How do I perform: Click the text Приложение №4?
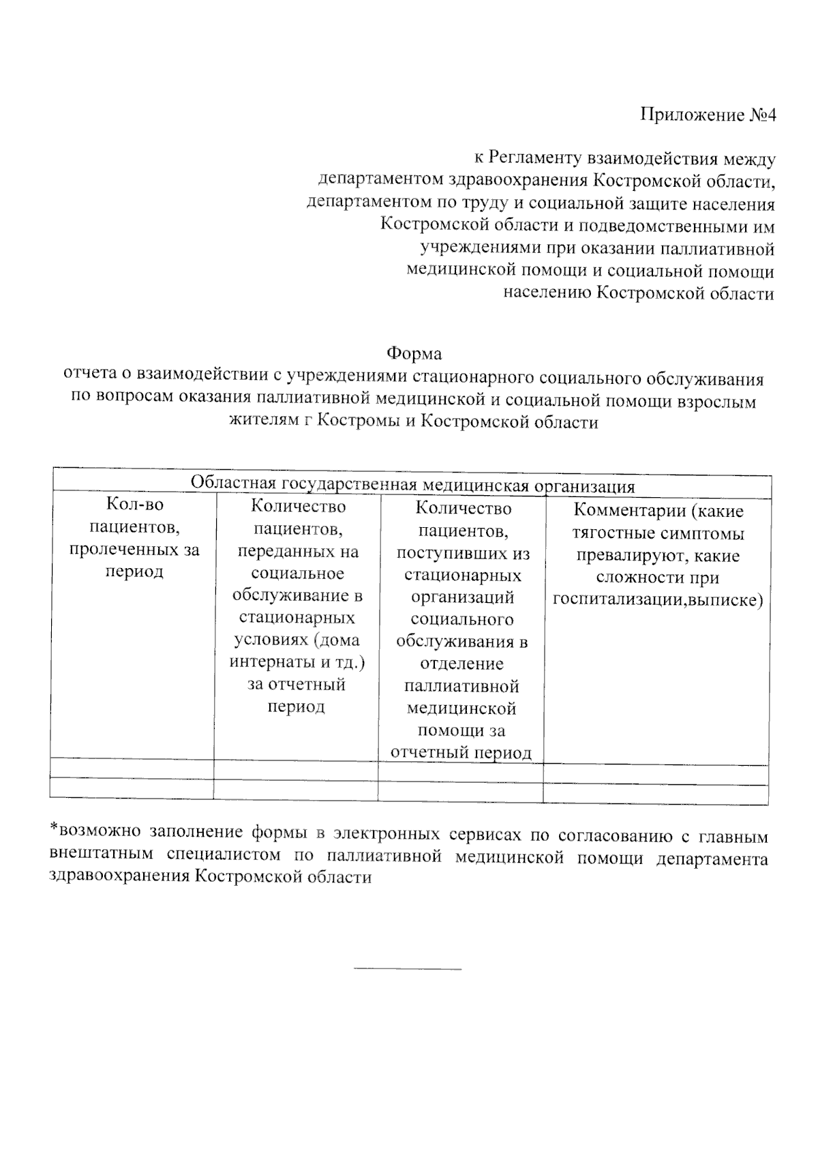pos(708,115)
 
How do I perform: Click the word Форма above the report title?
pos(414,353)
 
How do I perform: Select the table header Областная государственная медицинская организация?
pos(412,486)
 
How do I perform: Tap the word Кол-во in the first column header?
pos(135,505)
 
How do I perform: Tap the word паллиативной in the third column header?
pos(461,686)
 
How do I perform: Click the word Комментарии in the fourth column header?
pos(623,511)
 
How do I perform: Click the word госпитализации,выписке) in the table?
pos(657,600)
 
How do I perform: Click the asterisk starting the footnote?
pos(54,829)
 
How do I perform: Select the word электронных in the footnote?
pos(385,835)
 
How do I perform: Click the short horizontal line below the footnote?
pos(408,968)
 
